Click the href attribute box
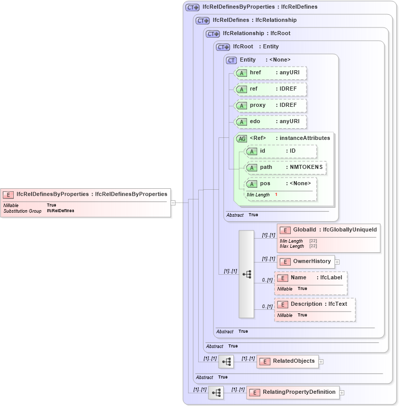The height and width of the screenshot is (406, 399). click(x=270, y=73)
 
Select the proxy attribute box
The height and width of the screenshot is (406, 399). click(x=270, y=105)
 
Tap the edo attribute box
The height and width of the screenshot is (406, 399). click(x=270, y=122)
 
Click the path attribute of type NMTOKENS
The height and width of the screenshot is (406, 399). click(x=285, y=167)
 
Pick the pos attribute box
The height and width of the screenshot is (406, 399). click(x=280, y=184)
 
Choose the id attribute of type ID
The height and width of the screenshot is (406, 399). click(x=280, y=151)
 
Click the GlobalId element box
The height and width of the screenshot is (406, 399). click(x=328, y=230)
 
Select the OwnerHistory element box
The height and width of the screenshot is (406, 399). click(x=305, y=262)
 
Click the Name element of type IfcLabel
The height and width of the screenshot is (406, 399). click(x=311, y=278)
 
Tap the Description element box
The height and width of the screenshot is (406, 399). click(x=314, y=304)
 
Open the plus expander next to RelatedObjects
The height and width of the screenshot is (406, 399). click(x=321, y=362)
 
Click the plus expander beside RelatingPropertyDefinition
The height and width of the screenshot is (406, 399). click(x=342, y=393)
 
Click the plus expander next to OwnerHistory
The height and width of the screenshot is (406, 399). click(x=337, y=262)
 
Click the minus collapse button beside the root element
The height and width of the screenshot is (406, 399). click(x=173, y=202)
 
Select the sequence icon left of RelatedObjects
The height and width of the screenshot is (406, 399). click(x=226, y=362)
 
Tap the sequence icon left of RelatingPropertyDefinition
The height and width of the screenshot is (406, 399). click(x=216, y=393)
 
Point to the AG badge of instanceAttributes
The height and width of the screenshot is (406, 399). click(x=241, y=138)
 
